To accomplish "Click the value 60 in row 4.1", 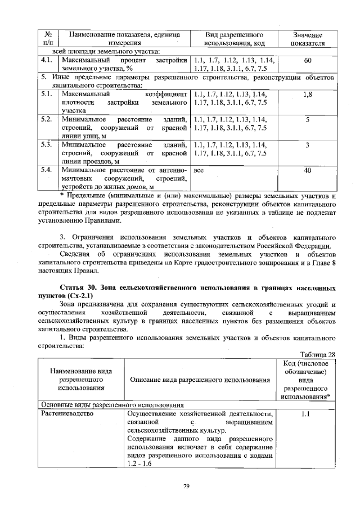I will tap(307, 60).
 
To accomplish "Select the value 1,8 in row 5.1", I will tap(307, 95).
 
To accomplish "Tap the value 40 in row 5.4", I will tap(307, 169).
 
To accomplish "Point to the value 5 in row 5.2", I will tap(307, 120).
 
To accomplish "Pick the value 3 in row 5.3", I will tap(307, 145).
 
